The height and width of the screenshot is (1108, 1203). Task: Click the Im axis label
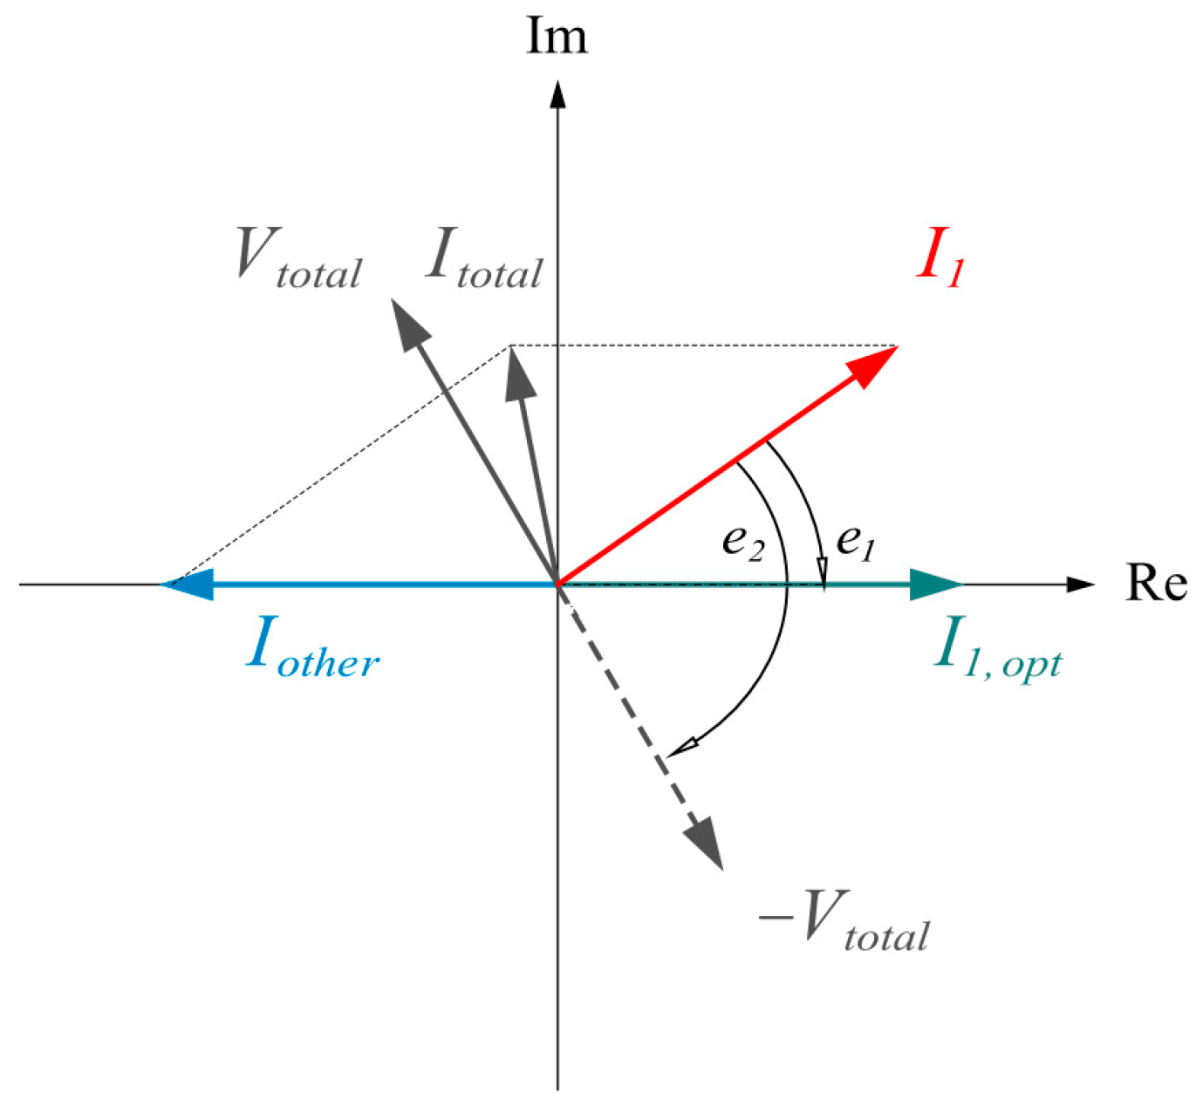(x=557, y=37)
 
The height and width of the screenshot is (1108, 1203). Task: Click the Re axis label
(x=1156, y=582)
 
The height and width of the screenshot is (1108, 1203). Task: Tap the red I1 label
(x=940, y=257)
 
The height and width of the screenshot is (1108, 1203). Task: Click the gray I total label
(x=484, y=258)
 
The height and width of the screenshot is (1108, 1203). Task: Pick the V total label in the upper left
(x=298, y=258)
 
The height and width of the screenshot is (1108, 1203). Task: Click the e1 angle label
(x=856, y=543)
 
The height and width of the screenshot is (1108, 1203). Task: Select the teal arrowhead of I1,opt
(x=936, y=584)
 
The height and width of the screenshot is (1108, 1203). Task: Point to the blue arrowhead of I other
(x=187, y=584)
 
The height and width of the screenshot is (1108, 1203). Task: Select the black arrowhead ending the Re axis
(x=1081, y=584)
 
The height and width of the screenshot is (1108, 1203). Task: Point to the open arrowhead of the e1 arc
(x=824, y=573)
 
